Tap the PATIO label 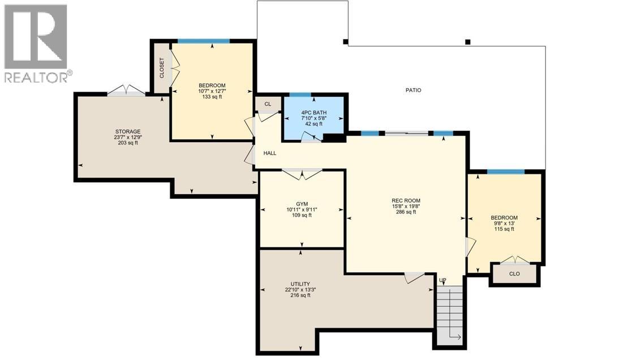tap(412, 90)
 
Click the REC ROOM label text tap(406, 200)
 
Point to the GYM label tap(302, 204)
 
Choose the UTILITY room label tap(300, 284)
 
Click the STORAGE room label tap(127, 131)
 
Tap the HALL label tap(270, 153)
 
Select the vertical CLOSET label tap(161, 68)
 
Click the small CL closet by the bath tap(268, 104)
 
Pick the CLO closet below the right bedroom tap(514, 274)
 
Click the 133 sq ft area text tap(212, 97)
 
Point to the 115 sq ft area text tap(504, 229)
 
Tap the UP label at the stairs tap(442, 280)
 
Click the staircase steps tap(450, 314)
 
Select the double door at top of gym tap(302, 174)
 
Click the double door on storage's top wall tap(126, 91)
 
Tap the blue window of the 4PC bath tap(300, 95)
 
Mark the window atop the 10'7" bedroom tap(204, 41)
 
